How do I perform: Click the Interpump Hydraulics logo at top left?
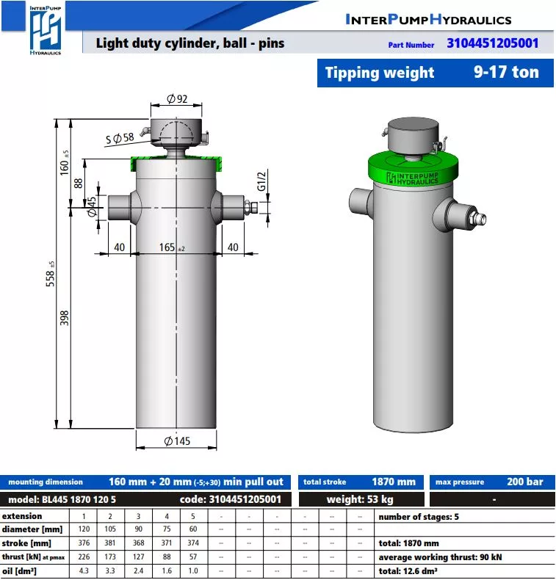point(45,30)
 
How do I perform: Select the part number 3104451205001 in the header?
point(492,43)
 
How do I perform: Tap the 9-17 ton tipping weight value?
point(506,72)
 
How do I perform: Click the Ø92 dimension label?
point(177,99)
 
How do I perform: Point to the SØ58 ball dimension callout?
point(120,138)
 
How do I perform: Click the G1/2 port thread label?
point(261,181)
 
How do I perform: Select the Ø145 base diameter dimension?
point(177,441)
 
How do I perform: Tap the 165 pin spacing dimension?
point(171,247)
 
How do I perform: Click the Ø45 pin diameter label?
point(91,207)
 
